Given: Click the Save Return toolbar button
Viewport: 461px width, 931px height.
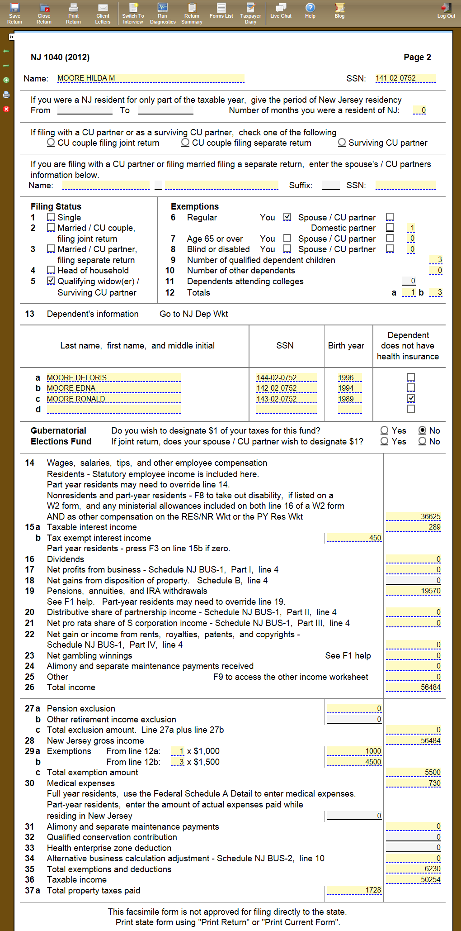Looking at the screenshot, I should pyautogui.click(x=14, y=13).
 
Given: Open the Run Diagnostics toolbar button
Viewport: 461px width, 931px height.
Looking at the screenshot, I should pyautogui.click(x=163, y=13).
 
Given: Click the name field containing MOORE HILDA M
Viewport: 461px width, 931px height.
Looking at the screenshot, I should pyautogui.click(x=151, y=78).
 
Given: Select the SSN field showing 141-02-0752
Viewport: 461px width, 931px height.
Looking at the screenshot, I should pyautogui.click(x=405, y=78).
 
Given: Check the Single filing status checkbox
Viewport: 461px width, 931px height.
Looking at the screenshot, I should pyautogui.click(x=51, y=217).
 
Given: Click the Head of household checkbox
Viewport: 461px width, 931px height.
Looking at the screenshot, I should pyautogui.click(x=51, y=270).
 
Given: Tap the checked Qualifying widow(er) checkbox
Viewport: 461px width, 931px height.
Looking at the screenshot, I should pyautogui.click(x=51, y=281).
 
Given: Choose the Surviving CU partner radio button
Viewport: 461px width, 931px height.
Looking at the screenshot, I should pyautogui.click(x=342, y=143).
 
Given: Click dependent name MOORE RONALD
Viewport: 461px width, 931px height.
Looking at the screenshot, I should pyautogui.click(x=113, y=399).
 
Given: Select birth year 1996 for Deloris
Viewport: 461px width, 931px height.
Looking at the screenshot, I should pyautogui.click(x=349, y=377).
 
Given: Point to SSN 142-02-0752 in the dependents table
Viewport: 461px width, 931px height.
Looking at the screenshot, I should pyautogui.click(x=286, y=388).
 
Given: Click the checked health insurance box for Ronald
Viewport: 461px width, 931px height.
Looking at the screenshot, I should pyautogui.click(x=411, y=398).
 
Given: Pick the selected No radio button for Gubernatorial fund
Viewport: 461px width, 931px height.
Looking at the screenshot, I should pyautogui.click(x=423, y=430).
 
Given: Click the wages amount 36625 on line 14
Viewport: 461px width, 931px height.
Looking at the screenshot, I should pyautogui.click(x=414, y=516).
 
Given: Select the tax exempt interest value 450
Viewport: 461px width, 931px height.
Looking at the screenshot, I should pyautogui.click(x=354, y=538).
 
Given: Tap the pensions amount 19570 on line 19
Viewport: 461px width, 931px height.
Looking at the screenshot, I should pyautogui.click(x=414, y=591).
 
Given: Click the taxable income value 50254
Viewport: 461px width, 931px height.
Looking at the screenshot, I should pyautogui.click(x=414, y=879).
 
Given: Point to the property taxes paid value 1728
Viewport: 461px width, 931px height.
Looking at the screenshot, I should pyautogui.click(x=354, y=890).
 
